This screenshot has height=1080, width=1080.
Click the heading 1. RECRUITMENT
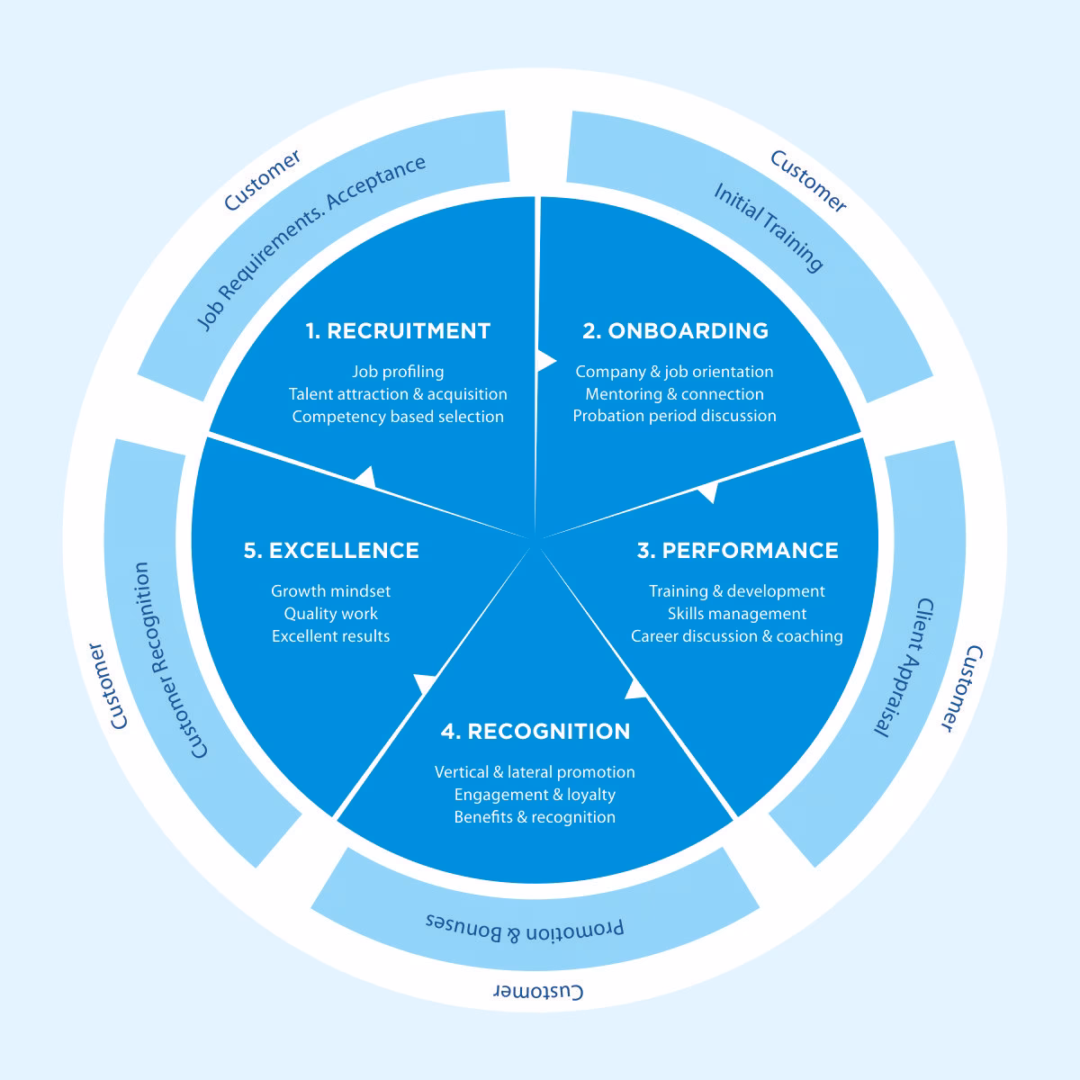coord(398,331)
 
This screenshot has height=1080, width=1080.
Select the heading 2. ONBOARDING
coord(675,331)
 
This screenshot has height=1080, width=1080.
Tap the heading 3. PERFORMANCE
coord(737,551)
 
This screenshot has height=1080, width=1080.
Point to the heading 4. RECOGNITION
coord(535,732)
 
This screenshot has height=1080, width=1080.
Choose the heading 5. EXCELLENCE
coord(331,551)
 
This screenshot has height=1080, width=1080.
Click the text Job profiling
coord(398,372)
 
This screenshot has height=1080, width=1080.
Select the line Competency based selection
coord(398,417)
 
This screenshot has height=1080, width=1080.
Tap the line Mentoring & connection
coord(674,394)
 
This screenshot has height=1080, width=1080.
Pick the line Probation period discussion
coord(674,416)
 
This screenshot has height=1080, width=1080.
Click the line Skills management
coord(737,614)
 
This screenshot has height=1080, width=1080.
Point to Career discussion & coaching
coord(737,636)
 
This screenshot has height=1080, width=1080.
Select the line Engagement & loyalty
coord(535,795)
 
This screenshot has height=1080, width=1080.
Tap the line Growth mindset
coord(331,591)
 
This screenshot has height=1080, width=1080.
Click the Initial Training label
coord(769,227)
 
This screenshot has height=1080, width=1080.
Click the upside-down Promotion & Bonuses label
coord(525,928)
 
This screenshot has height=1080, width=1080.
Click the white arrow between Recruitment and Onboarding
coord(545,360)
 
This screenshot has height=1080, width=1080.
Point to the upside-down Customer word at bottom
coord(539,991)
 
